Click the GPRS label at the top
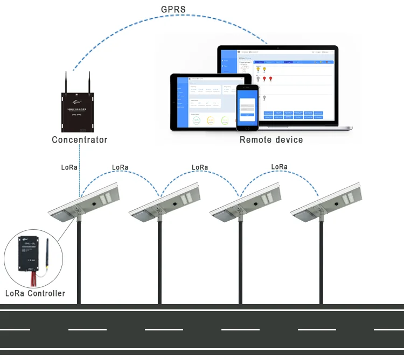(173, 10)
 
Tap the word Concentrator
(79, 140)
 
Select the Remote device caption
(271, 140)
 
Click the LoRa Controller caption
(35, 293)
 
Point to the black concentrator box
(78, 112)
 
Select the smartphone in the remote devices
(247, 108)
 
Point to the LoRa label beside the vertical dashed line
(69, 167)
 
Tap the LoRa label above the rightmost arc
(279, 167)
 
